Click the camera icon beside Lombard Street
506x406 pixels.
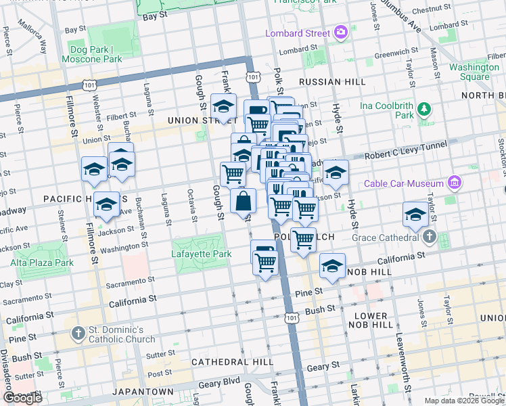click(342, 32)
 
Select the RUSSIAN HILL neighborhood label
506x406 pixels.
click(331, 82)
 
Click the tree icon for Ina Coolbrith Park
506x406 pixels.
click(423, 108)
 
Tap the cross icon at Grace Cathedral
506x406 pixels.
click(430, 238)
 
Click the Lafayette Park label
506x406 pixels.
click(199, 254)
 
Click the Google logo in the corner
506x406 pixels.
click(22, 397)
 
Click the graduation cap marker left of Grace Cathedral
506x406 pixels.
click(415, 215)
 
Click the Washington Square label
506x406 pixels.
click(474, 72)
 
